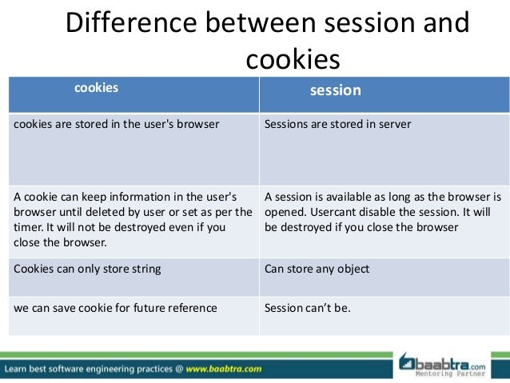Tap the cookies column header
(x=96, y=88)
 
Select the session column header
(x=336, y=90)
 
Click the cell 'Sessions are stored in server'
(x=337, y=125)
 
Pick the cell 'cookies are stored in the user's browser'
(x=117, y=125)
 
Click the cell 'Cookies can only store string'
(x=87, y=269)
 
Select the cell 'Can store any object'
(x=317, y=269)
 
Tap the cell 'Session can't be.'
(x=307, y=307)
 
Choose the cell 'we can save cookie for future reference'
(x=115, y=307)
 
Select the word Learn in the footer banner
(x=20, y=369)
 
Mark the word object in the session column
(x=353, y=269)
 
